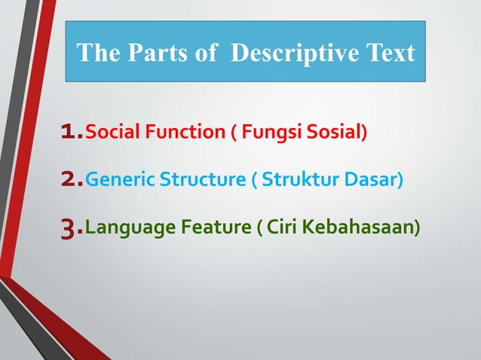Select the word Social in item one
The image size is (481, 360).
pos(109,134)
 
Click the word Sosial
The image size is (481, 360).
pos(335,134)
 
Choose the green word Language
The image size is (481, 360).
pos(126,227)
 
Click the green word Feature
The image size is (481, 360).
pos(211,227)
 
